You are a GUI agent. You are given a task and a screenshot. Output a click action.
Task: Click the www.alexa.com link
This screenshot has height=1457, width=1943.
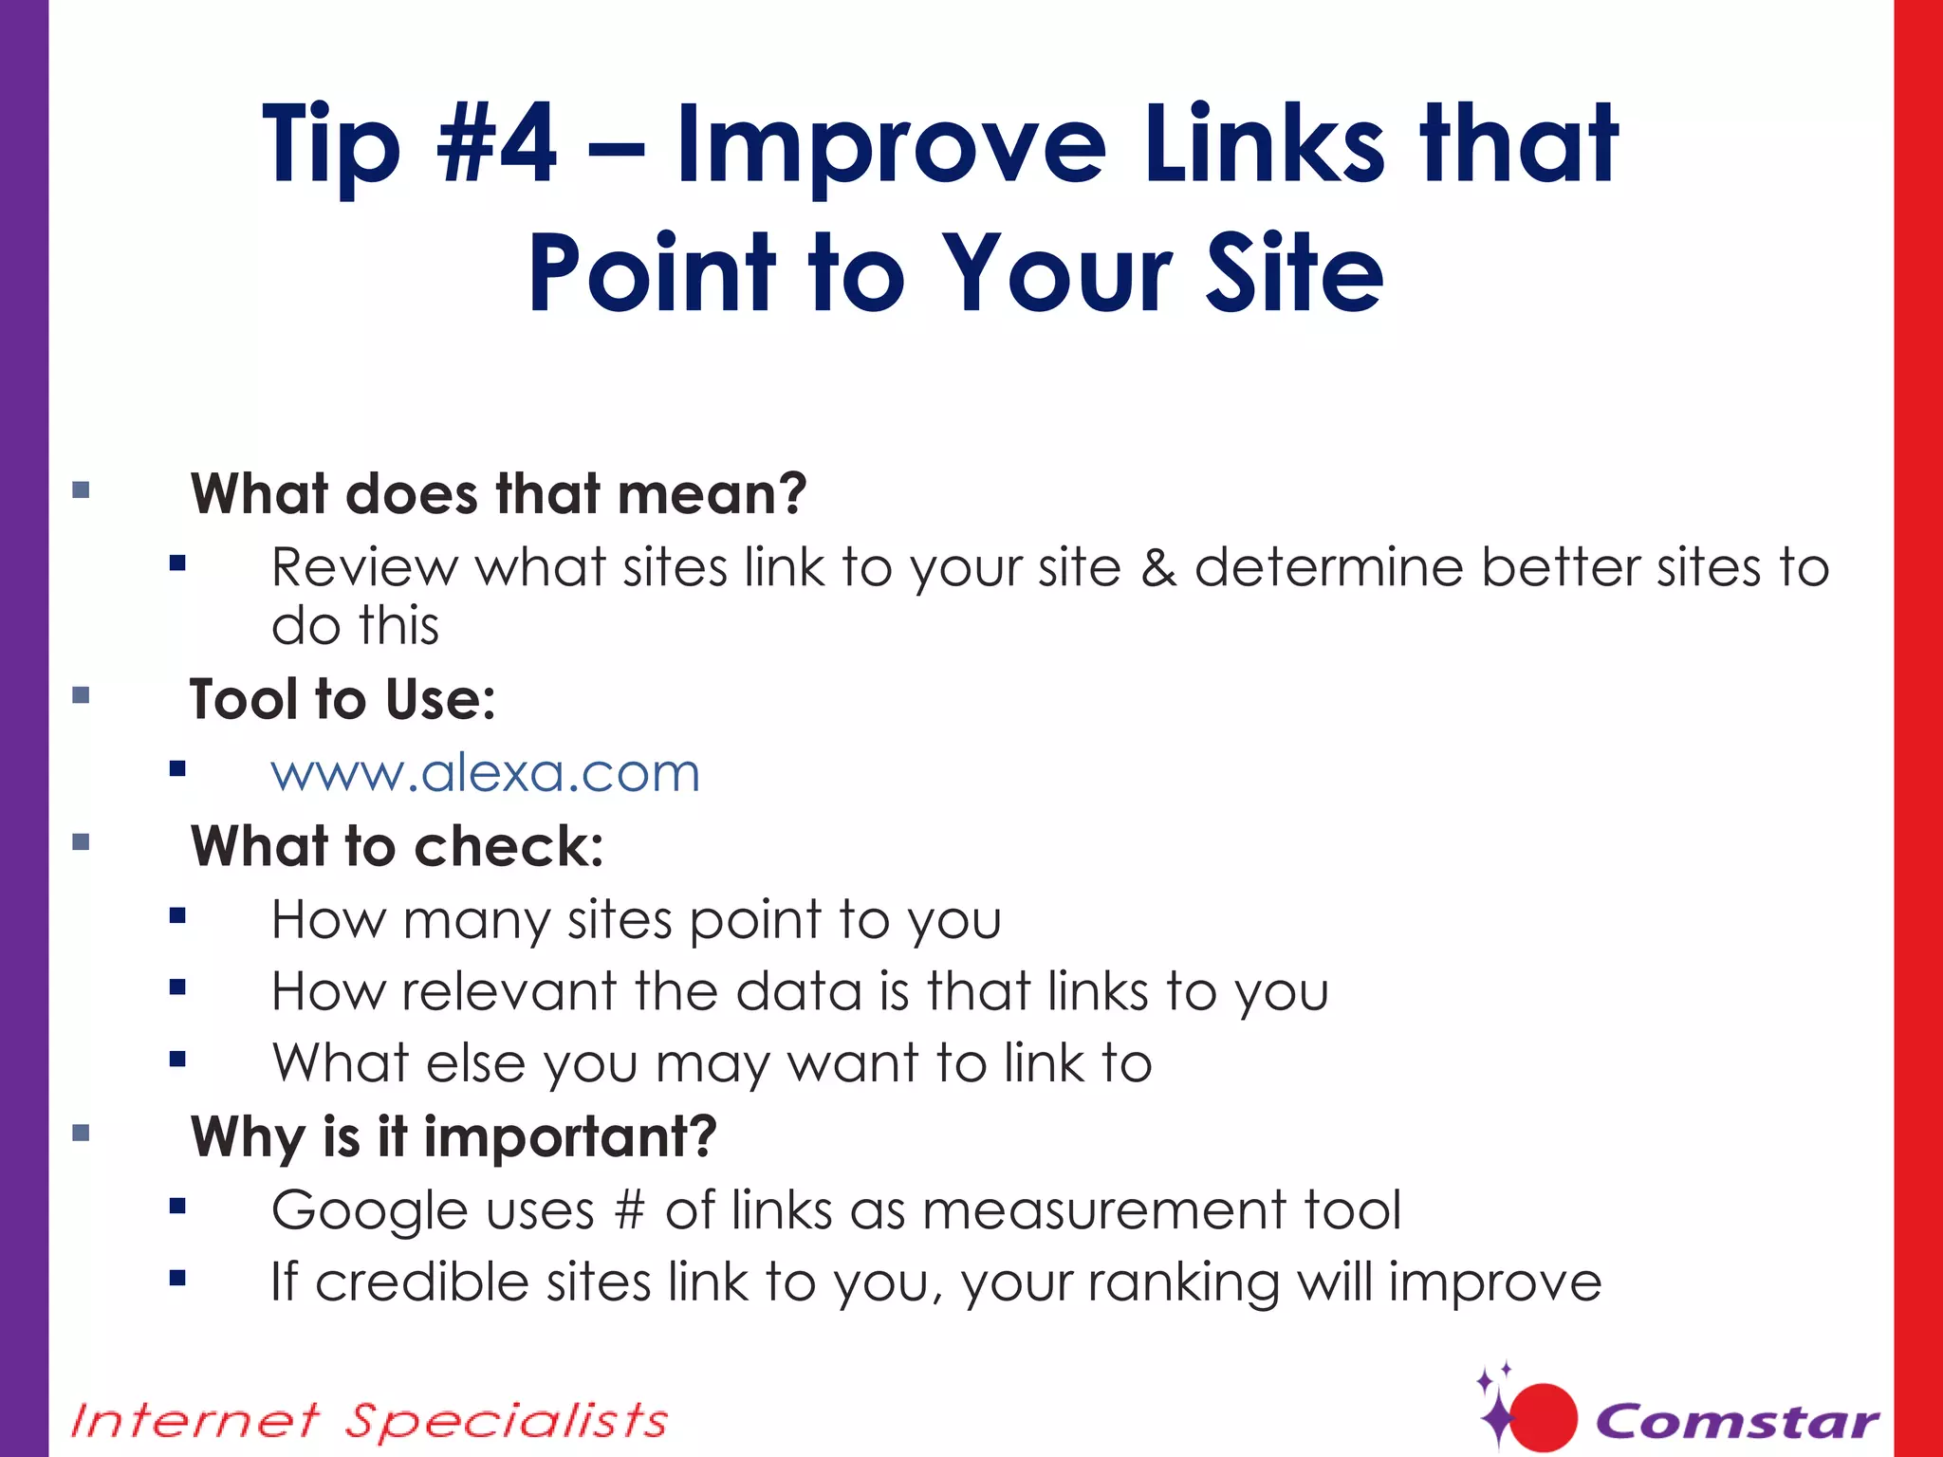coord(485,773)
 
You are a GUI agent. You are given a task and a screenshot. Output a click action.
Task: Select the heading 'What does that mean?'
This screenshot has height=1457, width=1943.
coord(498,494)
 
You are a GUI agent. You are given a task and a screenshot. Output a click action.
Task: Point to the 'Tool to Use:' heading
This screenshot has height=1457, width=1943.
coord(342,700)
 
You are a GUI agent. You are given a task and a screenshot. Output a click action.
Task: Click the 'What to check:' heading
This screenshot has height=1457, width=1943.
coord(397,846)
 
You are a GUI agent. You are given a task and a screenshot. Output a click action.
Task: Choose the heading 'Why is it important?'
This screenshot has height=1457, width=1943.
coord(453,1136)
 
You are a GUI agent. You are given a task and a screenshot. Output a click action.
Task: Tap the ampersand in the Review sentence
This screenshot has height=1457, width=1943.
coord(1157,568)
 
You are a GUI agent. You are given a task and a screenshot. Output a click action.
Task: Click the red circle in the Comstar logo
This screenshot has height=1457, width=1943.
coord(1543,1418)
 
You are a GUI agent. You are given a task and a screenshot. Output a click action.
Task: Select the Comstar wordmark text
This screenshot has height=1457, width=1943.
coord(1737,1421)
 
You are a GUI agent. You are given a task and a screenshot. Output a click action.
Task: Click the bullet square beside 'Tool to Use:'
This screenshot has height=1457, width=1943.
coord(81,695)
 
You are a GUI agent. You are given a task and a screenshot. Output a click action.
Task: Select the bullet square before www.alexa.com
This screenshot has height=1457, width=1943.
coord(177,768)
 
